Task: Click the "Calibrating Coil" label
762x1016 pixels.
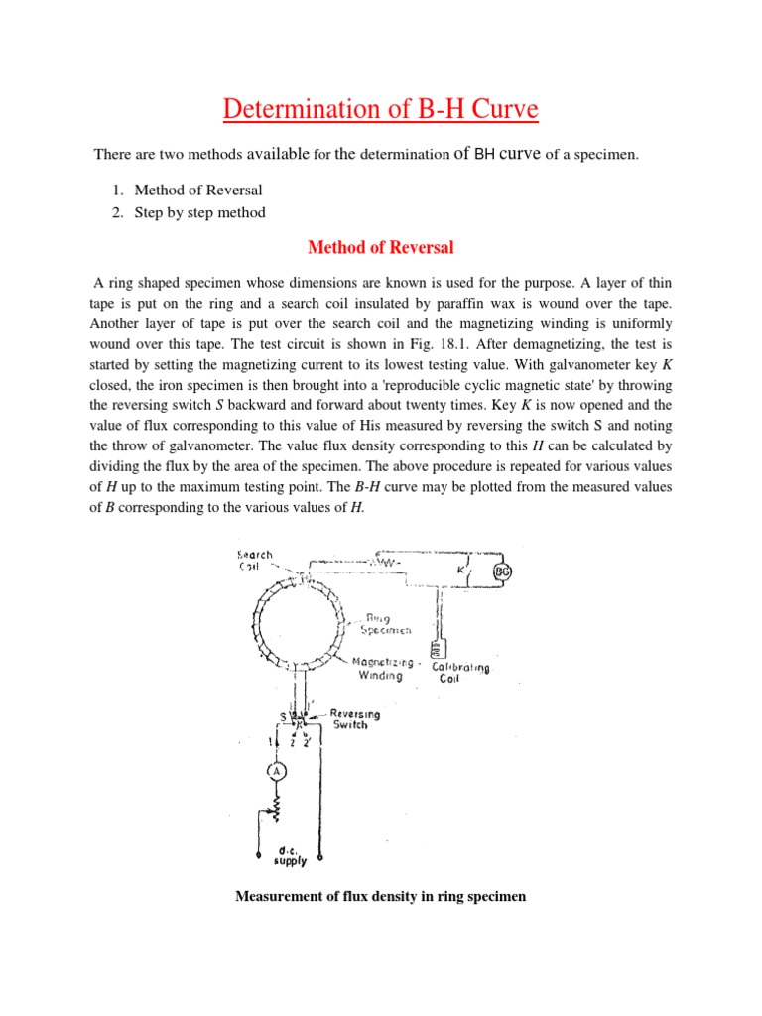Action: [x=460, y=674]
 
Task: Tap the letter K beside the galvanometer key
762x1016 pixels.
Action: [x=459, y=571]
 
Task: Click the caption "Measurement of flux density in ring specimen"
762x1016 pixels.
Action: [x=380, y=897]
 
